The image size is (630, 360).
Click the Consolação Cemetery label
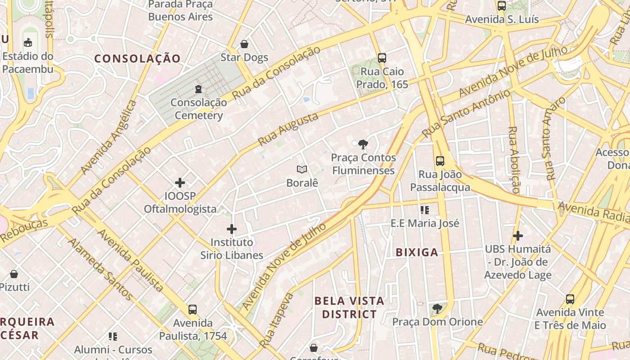coord(198,109)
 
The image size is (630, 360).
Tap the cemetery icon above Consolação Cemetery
coord(198,89)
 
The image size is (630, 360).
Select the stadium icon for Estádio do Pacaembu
coord(28,43)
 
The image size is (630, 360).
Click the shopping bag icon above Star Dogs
coord(244,44)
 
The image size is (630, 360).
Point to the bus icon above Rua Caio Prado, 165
coord(382,58)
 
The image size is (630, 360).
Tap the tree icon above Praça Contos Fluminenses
coord(363,144)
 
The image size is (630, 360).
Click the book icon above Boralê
coord(302,170)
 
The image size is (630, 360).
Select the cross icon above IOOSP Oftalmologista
coord(180,182)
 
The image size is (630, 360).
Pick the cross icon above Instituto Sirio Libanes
coord(232,229)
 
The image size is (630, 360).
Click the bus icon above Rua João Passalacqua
coord(440,161)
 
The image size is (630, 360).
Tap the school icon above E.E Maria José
coord(424,210)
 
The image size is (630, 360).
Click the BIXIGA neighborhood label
coord(417,252)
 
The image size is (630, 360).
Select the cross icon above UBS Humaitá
coord(518,235)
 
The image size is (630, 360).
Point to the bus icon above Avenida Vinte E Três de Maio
coord(570,299)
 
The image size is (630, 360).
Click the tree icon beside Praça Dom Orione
coord(436,309)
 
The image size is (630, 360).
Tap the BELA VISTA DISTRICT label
coord(349,307)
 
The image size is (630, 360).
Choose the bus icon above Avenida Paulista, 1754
coord(193,310)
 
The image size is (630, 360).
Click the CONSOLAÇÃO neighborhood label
coord(138,58)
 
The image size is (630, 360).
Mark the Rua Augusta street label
coord(288,130)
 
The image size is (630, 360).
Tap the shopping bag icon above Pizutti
coord(14,274)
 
